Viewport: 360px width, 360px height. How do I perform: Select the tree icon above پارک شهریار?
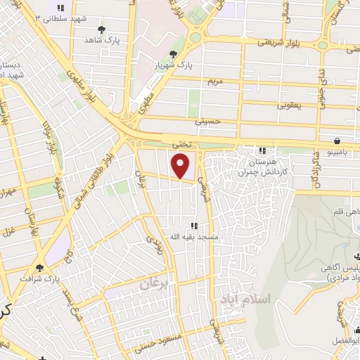[x=174, y=53]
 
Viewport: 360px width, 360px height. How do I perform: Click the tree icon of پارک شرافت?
[x=40, y=267]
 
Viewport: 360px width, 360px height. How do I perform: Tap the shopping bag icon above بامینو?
[x=338, y=140]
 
